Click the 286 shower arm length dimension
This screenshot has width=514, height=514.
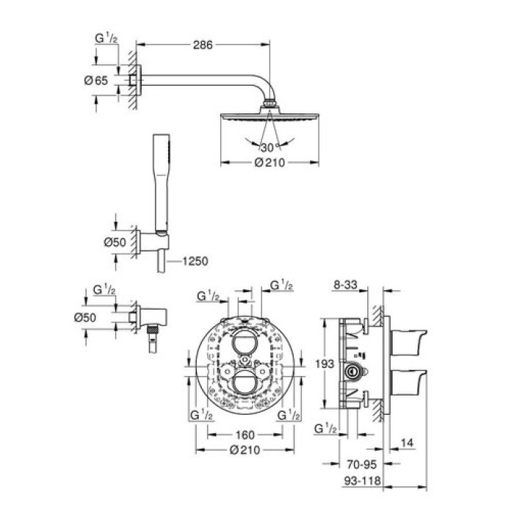[x=203, y=46]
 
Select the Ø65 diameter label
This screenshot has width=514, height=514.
[x=97, y=81]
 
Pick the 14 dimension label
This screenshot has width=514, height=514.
[x=408, y=443]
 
